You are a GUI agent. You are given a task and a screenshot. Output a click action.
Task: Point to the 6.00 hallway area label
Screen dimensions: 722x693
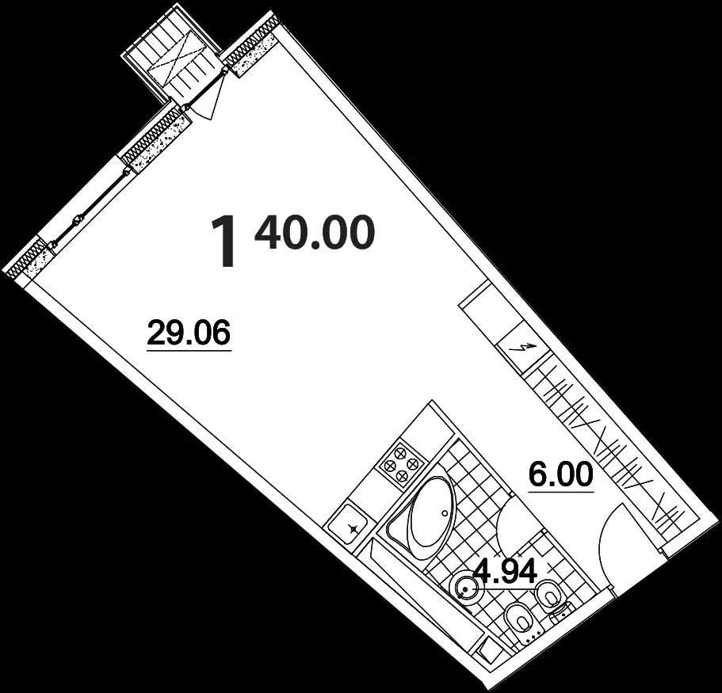point(561,475)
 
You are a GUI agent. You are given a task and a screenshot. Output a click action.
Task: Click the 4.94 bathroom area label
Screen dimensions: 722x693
point(506,572)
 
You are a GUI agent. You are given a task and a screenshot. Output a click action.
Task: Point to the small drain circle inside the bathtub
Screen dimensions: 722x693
point(445,512)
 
